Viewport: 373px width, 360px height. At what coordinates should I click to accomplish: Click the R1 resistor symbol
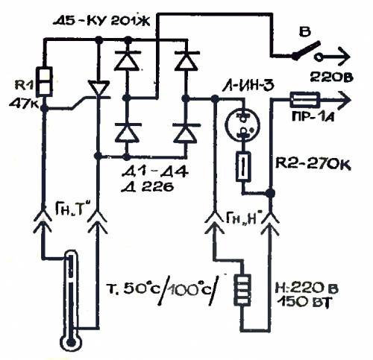click(44, 82)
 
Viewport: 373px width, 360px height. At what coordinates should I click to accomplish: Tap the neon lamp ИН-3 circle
click(242, 124)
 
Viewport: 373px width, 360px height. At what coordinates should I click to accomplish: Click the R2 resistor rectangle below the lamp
click(243, 167)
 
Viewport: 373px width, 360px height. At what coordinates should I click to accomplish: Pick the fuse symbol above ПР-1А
click(304, 100)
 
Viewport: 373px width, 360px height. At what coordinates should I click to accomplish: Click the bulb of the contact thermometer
click(71, 343)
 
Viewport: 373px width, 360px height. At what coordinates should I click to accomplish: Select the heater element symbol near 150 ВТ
click(242, 290)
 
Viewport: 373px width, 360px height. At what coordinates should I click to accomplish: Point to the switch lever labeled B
click(307, 51)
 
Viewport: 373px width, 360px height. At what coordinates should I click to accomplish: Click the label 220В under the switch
click(332, 78)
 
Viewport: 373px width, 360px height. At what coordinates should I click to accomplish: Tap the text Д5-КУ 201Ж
click(101, 22)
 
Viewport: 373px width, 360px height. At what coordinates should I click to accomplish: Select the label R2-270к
click(313, 164)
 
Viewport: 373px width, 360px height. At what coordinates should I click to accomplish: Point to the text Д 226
click(147, 187)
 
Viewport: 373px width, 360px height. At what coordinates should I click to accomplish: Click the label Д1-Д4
click(154, 172)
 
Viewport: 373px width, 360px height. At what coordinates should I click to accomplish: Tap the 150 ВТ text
click(304, 303)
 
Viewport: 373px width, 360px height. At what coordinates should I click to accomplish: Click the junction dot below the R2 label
click(270, 192)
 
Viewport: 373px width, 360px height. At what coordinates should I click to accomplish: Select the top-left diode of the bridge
click(127, 60)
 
